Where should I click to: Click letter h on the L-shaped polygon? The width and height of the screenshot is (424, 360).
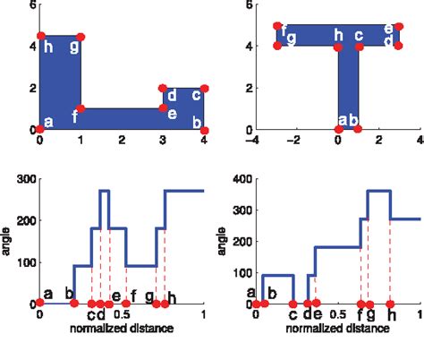47,47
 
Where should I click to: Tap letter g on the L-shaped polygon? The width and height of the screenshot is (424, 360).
73,47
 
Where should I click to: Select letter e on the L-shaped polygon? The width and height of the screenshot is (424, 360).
171,114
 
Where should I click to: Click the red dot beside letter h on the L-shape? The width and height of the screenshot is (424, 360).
40,37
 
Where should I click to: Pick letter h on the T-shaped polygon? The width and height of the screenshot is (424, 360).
338,36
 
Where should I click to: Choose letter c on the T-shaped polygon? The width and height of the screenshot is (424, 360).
358,36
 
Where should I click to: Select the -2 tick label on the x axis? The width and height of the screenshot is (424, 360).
297,140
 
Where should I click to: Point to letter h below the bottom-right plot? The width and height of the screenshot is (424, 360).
391,315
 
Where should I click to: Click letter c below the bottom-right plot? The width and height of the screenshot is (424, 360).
293,315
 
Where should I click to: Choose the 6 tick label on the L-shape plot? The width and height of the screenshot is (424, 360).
31,5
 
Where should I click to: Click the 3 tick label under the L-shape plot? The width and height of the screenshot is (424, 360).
163,141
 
